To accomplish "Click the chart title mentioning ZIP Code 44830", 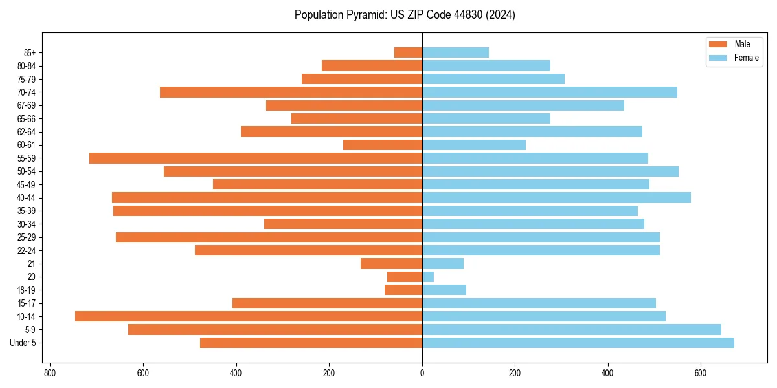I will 405,15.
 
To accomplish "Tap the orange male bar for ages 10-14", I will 249,316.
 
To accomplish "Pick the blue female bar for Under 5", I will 578,343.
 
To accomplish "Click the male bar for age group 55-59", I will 256,158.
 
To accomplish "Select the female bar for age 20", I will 428,277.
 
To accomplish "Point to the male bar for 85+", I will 408,52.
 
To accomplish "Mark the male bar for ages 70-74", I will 291,92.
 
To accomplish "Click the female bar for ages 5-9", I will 571,330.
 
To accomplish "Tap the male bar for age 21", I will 391,263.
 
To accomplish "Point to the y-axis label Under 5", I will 23,343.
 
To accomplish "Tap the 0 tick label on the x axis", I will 422,373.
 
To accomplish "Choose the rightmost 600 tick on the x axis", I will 701,373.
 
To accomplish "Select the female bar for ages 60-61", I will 474,145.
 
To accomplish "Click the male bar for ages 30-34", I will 343,224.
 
